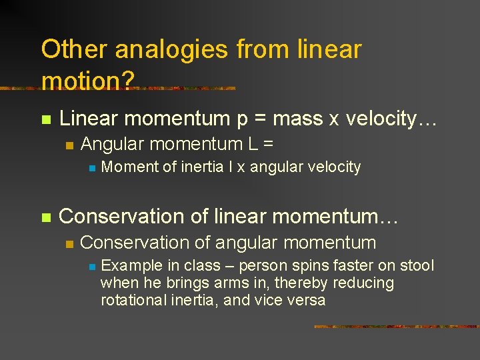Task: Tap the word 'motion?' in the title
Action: point(87,81)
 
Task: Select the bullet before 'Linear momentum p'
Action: point(45,120)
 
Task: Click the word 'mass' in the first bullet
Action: point(297,119)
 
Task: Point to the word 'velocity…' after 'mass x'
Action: point(391,119)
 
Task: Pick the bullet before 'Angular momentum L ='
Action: point(67,145)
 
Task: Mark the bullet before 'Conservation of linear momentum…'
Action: point(45,217)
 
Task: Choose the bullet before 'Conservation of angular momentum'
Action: point(67,243)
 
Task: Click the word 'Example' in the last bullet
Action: point(129,265)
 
